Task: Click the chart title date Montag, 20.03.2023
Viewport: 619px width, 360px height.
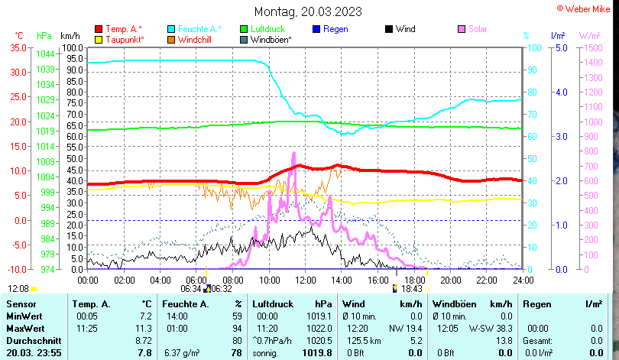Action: click(x=308, y=11)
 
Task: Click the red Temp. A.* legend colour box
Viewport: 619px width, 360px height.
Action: click(x=98, y=29)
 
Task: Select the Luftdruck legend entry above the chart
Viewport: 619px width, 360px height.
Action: click(x=267, y=29)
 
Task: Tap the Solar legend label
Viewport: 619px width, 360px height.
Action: click(x=478, y=29)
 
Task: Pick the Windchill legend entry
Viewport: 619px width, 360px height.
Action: click(x=195, y=39)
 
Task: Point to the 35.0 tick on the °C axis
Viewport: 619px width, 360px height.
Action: click(x=18, y=47)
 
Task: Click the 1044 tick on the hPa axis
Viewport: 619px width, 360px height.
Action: click(x=45, y=54)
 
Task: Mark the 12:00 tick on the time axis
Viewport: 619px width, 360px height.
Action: click(x=305, y=280)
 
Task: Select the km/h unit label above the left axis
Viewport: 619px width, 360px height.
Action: click(x=70, y=36)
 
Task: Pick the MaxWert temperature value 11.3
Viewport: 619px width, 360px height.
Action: click(x=144, y=328)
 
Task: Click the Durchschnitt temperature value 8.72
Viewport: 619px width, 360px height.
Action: click(x=143, y=340)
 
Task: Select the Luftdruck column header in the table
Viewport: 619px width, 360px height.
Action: click(x=273, y=304)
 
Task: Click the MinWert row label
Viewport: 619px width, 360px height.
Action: click(x=25, y=316)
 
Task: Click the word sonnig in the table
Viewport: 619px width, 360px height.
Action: click(x=267, y=352)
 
